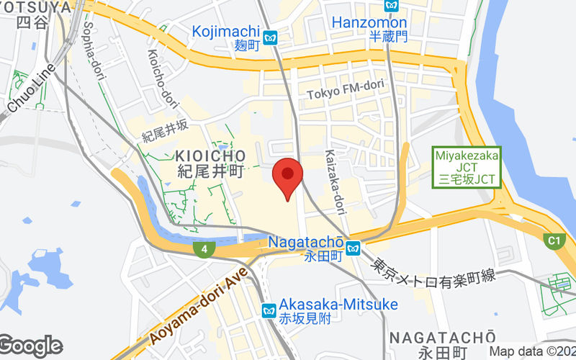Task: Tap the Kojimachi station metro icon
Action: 271,37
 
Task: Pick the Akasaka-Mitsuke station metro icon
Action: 269,311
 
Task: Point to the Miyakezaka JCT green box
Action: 467,167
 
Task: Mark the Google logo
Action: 30,346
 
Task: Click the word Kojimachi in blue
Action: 225,32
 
